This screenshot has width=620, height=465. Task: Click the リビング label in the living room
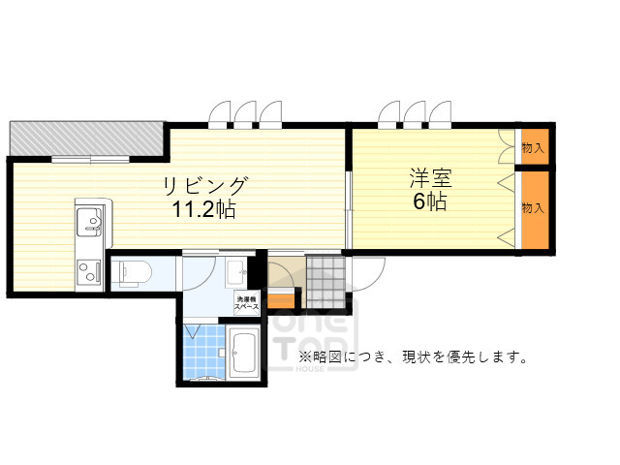[205, 185]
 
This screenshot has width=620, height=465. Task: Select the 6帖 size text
[430, 202]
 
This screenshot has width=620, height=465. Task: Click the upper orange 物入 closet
[533, 148]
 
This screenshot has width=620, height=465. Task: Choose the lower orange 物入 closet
[533, 210]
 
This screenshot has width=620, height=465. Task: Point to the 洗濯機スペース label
[246, 303]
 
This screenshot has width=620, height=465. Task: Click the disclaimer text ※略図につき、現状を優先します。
[412, 357]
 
